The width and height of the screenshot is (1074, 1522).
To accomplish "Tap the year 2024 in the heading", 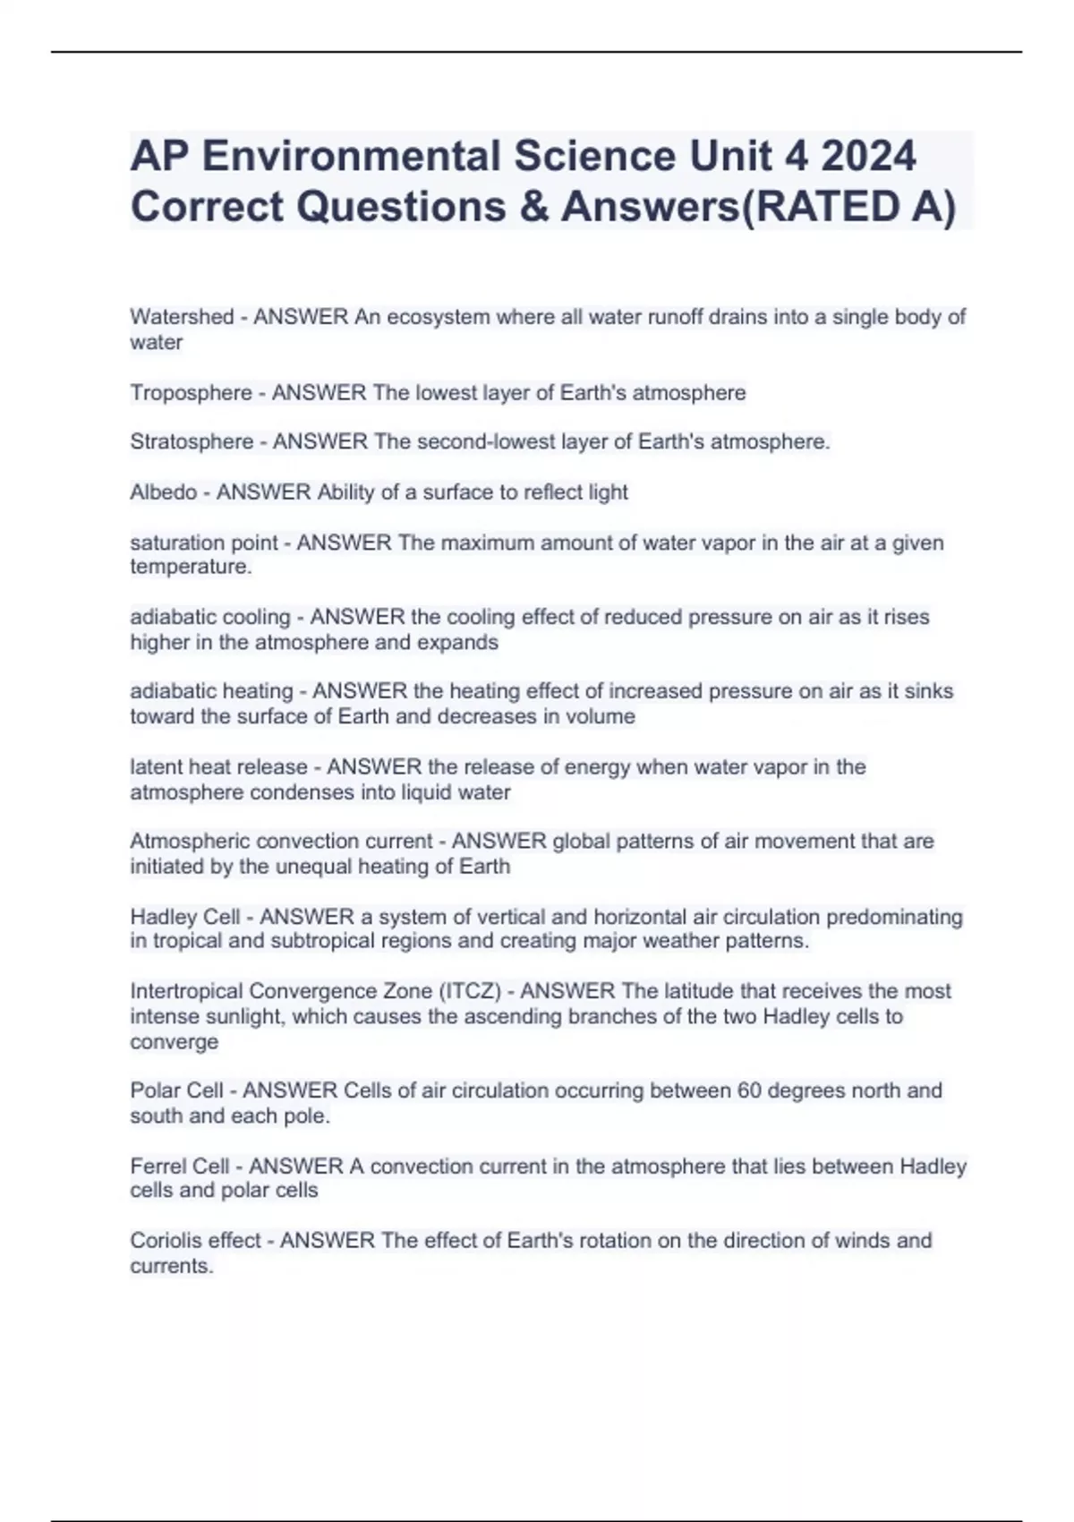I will click(867, 157).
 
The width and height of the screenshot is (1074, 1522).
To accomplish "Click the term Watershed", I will click(182, 317).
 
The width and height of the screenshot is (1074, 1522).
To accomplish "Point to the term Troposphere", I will click(191, 393).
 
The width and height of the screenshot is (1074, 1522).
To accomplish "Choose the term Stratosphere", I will click(192, 442).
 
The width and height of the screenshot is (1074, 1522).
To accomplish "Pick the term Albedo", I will click(163, 492).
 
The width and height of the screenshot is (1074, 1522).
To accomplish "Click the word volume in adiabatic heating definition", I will click(600, 717).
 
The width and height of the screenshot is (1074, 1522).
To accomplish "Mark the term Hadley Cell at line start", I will click(185, 917).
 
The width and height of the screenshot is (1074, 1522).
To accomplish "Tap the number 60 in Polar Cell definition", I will click(748, 1090).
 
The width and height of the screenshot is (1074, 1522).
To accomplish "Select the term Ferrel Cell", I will click(180, 1167).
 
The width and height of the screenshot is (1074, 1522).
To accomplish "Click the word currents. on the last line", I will click(172, 1266).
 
